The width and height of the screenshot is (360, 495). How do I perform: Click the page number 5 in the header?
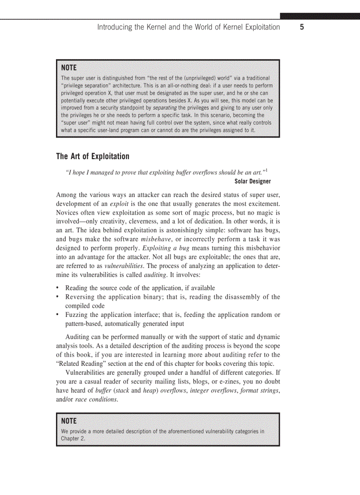click(302, 27)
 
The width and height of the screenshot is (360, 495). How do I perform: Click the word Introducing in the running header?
click(114, 27)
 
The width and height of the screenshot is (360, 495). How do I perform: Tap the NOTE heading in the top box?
click(69, 67)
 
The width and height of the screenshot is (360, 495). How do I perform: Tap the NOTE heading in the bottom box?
click(69, 421)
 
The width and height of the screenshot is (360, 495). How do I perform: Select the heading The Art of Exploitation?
click(93, 156)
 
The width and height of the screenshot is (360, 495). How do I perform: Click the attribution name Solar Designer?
click(253, 182)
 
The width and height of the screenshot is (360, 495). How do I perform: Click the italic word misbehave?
click(156, 239)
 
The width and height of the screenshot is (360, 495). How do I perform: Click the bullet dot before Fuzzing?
click(58, 315)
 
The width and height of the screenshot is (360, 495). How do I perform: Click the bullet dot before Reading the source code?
click(58, 288)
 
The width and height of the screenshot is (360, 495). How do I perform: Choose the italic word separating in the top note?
click(165, 107)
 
